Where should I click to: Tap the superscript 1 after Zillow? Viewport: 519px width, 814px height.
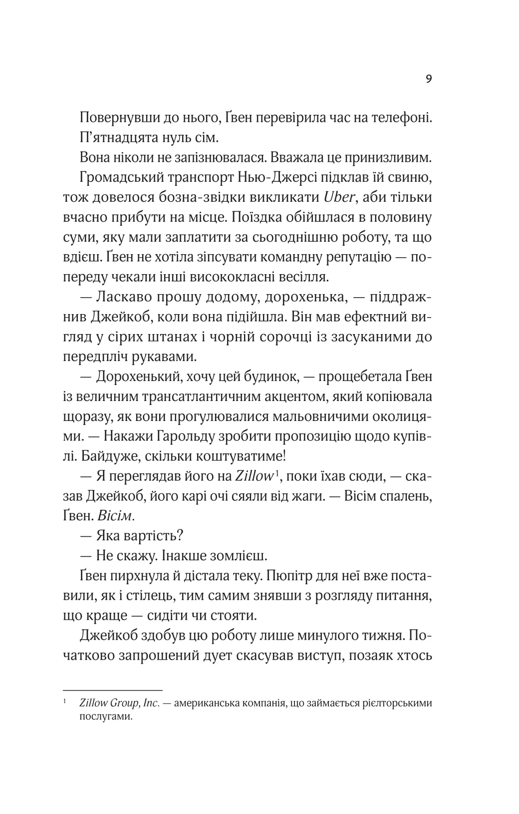coord(276,472)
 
